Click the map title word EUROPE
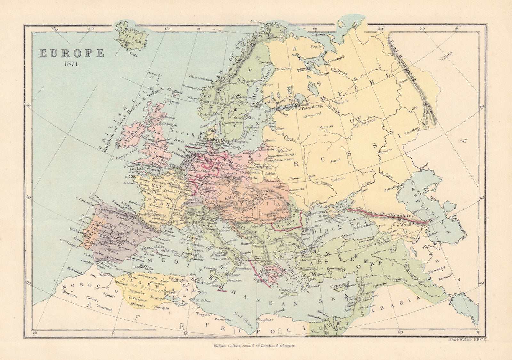pyautogui.click(x=72, y=53)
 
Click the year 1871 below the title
pyautogui.click(x=71, y=64)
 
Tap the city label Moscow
pyautogui.click(x=326, y=126)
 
